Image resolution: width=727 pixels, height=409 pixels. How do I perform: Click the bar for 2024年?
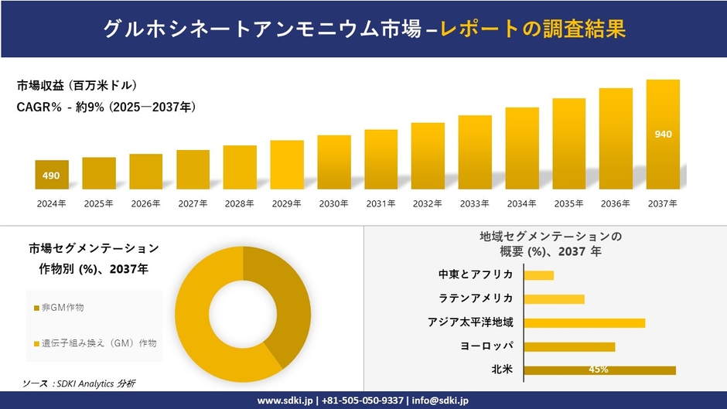coord(52,175)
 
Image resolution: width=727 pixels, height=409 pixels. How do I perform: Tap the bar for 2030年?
coord(334,162)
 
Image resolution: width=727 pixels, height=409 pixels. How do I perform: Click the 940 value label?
coord(663,135)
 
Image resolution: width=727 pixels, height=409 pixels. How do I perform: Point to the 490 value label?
coord(51,176)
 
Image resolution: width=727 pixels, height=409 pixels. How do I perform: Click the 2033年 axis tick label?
coord(475,204)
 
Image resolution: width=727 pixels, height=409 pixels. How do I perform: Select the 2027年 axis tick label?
coord(193,204)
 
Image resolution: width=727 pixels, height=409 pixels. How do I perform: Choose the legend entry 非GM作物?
coord(63,308)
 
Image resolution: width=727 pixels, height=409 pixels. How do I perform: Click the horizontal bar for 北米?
coord(599,370)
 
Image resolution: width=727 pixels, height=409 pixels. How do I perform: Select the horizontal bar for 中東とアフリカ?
coord(539,275)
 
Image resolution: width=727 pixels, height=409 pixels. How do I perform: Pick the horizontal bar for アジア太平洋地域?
coord(584,322)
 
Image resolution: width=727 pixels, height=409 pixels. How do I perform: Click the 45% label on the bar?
coord(598,370)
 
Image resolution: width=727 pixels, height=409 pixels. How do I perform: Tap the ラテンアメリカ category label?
coord(475,298)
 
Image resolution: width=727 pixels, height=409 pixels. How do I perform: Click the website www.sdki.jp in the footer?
coord(283,400)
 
